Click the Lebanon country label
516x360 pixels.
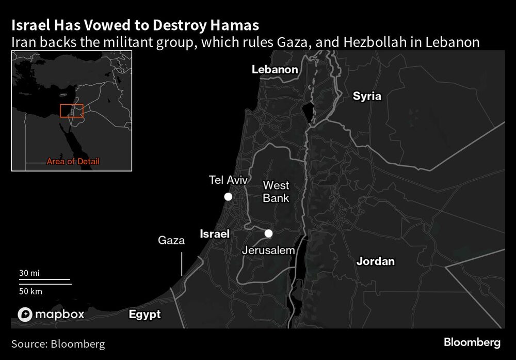(275, 70)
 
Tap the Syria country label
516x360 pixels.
(367, 96)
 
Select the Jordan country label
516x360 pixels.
(376, 261)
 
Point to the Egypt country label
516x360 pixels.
(144, 314)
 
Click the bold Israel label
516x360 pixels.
(214, 234)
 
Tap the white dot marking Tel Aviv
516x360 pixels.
(228, 197)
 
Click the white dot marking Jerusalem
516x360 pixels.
(268, 233)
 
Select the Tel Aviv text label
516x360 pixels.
(228, 180)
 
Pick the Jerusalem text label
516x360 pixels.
(268, 251)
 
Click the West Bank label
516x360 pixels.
(276, 192)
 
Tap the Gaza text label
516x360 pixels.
(171, 240)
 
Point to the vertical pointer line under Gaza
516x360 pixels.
(182, 263)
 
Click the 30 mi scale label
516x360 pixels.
(29, 273)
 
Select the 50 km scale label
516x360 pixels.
(30, 291)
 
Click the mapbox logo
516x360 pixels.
(51, 314)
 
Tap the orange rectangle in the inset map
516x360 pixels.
(72, 111)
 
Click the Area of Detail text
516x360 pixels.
(73, 162)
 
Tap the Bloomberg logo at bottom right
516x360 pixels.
(472, 342)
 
